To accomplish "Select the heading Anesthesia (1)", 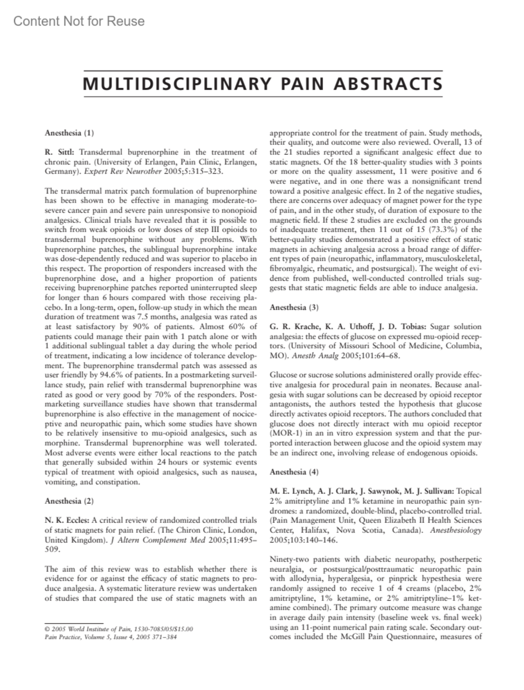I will tap(69, 133).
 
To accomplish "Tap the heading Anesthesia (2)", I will tap(69, 501).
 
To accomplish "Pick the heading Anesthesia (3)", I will tap(294, 307).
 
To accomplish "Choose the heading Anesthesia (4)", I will tap(294, 471).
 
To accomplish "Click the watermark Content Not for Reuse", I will tap(79, 21).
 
